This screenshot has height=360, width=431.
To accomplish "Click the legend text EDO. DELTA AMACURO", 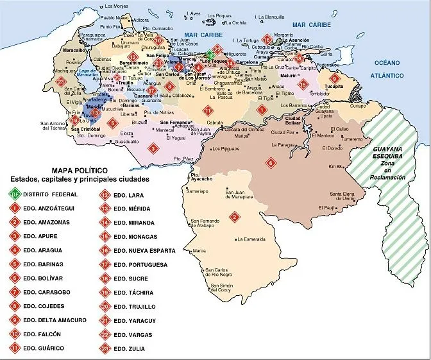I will pos(53,320).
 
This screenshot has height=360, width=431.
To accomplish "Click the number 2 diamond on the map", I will pos(235,217).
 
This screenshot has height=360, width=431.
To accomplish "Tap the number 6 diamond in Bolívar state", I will pos(271,162).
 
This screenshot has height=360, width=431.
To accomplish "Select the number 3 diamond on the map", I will pos(153,148).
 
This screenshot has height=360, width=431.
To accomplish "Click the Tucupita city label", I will pos(335,85).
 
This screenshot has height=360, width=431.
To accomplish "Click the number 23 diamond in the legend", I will pos(104,348).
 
